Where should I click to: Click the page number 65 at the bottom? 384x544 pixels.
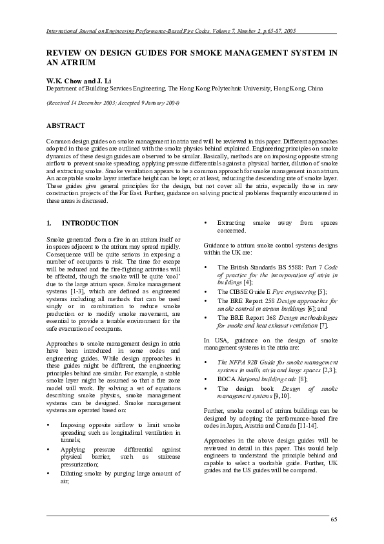point(333,520)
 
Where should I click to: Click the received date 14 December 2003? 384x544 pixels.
point(90,103)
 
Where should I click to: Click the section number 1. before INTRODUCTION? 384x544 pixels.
point(49,223)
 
